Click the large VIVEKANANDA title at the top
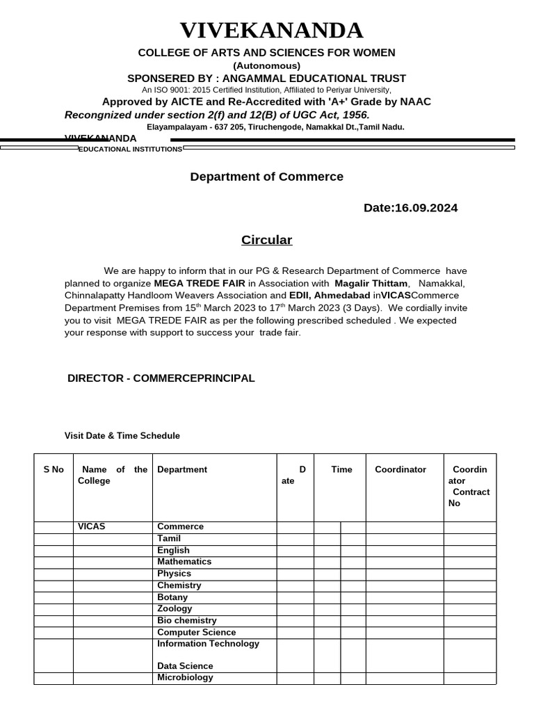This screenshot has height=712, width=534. tap(271, 31)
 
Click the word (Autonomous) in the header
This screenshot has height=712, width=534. tap(266, 65)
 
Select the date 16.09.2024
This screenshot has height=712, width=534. tap(426, 208)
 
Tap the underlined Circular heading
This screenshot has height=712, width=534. tap(266, 240)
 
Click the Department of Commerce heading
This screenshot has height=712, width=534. tap(266, 177)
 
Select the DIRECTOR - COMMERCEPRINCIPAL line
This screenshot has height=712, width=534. tap(161, 378)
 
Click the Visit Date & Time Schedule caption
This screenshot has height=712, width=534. tap(122, 436)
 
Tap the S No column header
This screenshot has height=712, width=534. tap(54, 469)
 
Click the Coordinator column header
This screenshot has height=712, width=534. tap(400, 469)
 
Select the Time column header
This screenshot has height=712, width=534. tap(341, 469)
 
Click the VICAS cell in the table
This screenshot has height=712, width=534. tap(92, 526)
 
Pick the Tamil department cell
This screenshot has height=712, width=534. tap(169, 538)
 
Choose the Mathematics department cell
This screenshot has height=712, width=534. tap(184, 562)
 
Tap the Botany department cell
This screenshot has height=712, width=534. tap(172, 597)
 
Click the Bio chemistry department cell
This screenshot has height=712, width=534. tap(186, 620)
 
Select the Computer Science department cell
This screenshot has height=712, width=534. tap(196, 632)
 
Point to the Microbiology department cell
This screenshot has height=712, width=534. tap(185, 677)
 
